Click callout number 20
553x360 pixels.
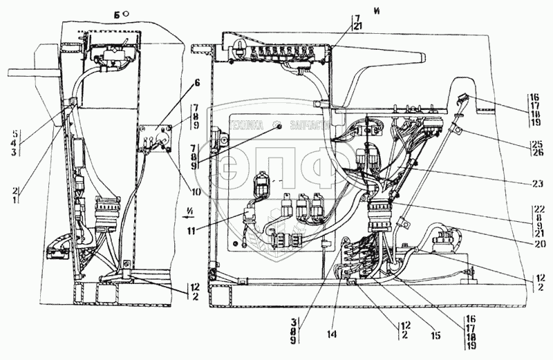pos(538,243)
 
